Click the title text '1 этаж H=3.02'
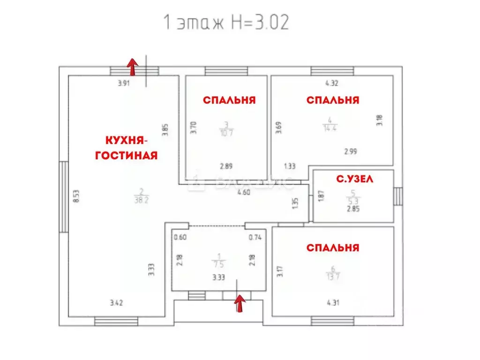(x=225, y=22)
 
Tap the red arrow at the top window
(x=133, y=67)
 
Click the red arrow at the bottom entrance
(x=240, y=303)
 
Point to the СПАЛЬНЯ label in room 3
(x=229, y=100)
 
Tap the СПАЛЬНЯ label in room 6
(x=333, y=247)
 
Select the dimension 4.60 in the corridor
(x=243, y=192)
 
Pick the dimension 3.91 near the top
(x=123, y=84)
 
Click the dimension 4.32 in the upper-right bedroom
(x=332, y=84)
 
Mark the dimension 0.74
(x=255, y=237)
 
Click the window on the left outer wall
(x=63, y=196)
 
